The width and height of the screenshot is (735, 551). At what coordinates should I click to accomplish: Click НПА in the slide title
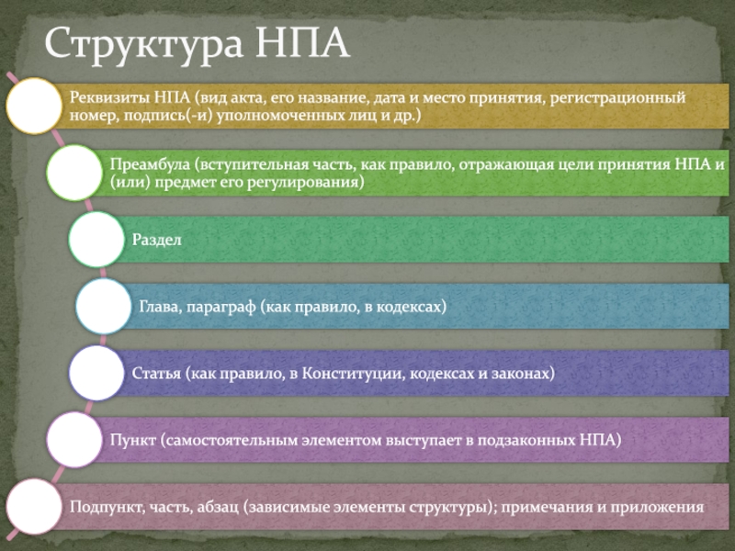click(x=302, y=42)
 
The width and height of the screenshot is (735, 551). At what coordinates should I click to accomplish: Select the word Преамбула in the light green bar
click(x=150, y=164)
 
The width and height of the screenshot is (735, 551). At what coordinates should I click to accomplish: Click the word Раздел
click(x=156, y=240)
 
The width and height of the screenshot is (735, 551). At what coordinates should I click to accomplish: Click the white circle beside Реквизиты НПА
click(x=34, y=106)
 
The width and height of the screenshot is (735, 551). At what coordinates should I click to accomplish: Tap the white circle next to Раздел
click(x=96, y=240)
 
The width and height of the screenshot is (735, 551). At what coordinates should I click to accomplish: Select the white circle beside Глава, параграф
click(x=104, y=307)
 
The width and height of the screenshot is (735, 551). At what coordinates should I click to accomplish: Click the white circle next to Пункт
click(x=74, y=440)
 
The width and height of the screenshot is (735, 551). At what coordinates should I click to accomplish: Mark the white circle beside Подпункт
click(x=34, y=507)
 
